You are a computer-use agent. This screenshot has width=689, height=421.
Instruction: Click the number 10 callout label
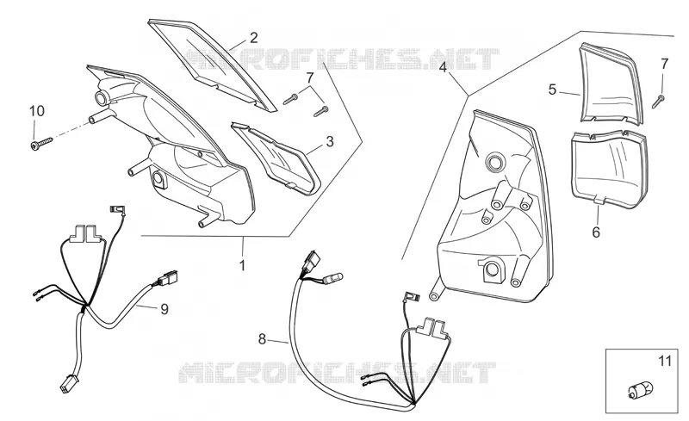37,111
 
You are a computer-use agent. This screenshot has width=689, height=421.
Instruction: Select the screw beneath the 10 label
41,143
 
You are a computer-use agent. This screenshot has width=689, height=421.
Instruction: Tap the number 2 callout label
253,38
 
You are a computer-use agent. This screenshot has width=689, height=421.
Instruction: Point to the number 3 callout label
330,141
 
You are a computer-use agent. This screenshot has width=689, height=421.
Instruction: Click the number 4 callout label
443,67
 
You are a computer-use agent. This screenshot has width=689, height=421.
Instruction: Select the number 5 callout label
552,90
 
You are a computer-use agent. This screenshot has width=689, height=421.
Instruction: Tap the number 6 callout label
596,232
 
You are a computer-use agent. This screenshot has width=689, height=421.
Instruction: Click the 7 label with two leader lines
310,78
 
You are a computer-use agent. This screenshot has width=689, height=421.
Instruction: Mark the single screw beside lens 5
658,101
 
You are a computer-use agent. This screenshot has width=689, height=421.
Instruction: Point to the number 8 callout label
262,339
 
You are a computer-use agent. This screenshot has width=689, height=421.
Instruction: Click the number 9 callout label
164,309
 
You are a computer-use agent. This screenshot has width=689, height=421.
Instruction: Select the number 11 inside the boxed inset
664,362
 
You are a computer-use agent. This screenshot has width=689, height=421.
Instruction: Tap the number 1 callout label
242,265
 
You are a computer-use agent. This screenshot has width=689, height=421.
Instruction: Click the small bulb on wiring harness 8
334,277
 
